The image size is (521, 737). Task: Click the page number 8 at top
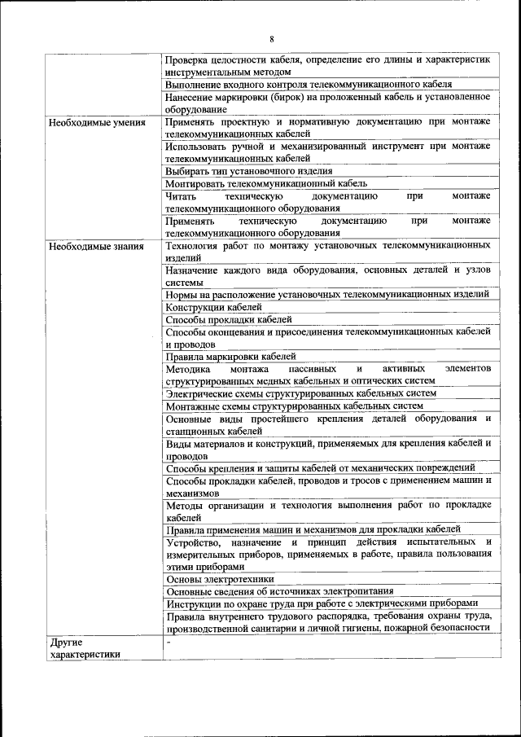[x=272, y=38]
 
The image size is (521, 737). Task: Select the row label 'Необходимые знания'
[x=96, y=246]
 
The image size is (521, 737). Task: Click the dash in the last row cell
[x=168, y=643]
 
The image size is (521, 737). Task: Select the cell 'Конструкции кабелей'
[x=213, y=308]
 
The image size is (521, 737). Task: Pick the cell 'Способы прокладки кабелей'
[x=228, y=320]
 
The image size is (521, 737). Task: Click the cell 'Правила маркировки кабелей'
[x=230, y=356]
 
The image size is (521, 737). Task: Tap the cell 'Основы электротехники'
[x=220, y=579]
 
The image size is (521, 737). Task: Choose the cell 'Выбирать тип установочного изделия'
[x=248, y=171]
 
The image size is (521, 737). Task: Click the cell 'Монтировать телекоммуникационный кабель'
[x=265, y=183]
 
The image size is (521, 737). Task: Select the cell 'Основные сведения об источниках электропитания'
[x=279, y=591]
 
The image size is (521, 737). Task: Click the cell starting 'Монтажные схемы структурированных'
[x=294, y=406]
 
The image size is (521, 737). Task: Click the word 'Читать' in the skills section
[x=180, y=196]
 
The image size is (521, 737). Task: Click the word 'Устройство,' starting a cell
[x=193, y=542]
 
